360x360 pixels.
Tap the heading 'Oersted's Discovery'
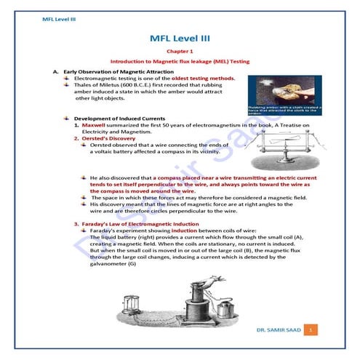[108, 138]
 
